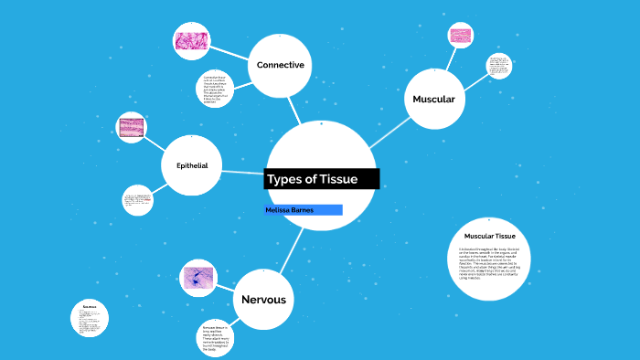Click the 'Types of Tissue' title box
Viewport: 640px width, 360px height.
tap(321, 178)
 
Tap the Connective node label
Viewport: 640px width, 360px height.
tap(280, 65)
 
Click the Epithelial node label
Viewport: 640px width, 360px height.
tap(192, 165)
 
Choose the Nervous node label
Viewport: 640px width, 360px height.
tap(263, 300)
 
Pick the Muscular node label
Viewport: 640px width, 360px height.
tap(433, 99)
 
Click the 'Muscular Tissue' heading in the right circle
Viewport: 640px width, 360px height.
tap(490, 237)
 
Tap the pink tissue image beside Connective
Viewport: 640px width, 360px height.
tap(193, 40)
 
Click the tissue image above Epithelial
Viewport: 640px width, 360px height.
tap(132, 128)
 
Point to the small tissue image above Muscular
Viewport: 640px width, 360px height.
tap(460, 36)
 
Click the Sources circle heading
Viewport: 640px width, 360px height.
tap(90, 306)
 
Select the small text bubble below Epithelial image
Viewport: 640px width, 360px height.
tap(138, 200)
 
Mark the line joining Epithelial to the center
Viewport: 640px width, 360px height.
tap(243, 171)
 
